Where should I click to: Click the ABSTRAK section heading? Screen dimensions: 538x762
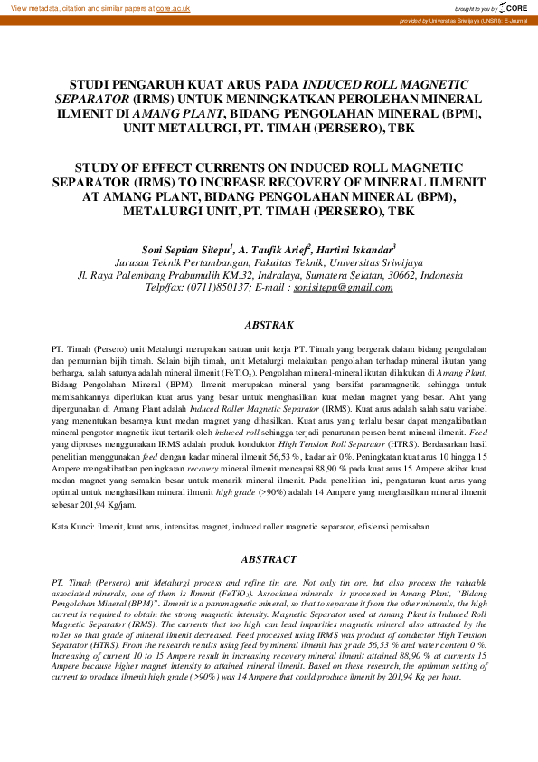click(269, 324)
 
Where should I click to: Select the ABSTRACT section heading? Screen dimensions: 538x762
click(269, 560)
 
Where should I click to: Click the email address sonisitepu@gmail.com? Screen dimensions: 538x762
click(337, 287)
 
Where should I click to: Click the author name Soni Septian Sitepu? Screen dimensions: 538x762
click(184, 248)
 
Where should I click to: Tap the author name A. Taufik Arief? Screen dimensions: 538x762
click(274, 248)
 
